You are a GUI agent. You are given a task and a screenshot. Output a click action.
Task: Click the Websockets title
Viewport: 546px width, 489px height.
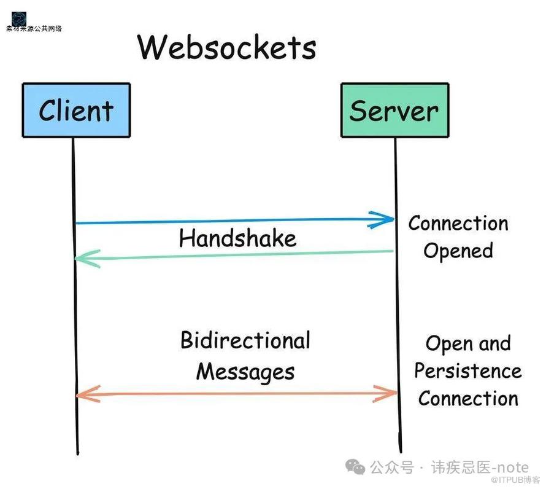coord(226,47)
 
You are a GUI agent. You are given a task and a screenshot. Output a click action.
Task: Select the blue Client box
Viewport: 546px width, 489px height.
coord(76,110)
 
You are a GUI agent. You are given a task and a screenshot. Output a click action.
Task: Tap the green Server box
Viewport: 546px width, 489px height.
coord(394,110)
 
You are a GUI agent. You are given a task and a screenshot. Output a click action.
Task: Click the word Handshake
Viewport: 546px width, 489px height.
coord(237,238)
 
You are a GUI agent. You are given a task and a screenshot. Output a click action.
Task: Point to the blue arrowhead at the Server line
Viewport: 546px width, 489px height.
coord(384,219)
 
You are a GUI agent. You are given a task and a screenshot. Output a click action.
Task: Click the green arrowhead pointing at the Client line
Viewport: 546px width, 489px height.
coord(85,259)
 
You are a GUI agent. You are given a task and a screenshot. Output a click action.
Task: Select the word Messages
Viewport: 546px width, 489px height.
coord(245,372)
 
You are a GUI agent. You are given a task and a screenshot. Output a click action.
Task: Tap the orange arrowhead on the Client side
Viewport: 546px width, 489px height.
coord(86,394)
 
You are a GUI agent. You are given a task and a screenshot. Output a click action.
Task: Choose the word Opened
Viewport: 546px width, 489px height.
coord(458,251)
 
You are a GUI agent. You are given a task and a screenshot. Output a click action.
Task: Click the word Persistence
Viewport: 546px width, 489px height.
coord(467,371)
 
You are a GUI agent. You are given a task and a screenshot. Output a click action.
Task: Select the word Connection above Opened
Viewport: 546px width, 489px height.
coord(458,223)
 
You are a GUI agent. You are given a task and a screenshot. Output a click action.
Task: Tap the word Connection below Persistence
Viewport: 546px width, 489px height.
coord(468,399)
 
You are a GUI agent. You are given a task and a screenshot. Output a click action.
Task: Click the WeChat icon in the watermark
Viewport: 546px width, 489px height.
coord(355,467)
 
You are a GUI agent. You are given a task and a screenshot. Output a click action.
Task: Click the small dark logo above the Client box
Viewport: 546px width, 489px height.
coord(19,18)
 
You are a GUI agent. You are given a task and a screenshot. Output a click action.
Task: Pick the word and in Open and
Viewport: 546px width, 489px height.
coord(494,343)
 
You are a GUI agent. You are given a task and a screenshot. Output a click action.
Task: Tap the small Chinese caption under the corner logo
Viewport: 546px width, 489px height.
coord(34,28)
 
